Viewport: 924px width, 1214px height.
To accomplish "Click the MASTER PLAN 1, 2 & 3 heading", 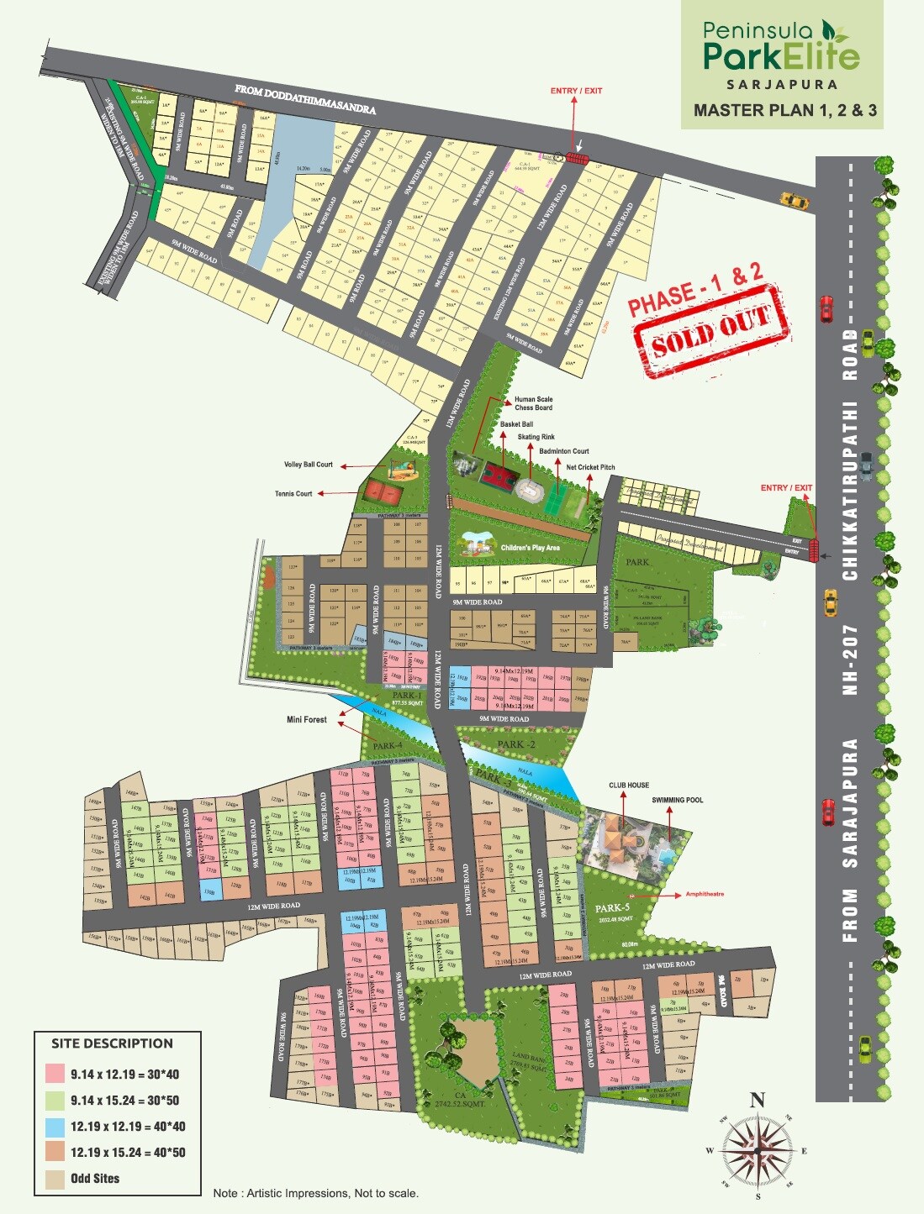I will click(x=784, y=110).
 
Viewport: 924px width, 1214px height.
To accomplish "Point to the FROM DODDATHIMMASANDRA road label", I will click(x=304, y=98).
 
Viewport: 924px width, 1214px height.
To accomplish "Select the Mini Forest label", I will click(x=306, y=720).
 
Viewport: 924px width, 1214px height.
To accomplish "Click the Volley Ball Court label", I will click(x=308, y=465).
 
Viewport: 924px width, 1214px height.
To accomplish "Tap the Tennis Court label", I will click(x=293, y=494).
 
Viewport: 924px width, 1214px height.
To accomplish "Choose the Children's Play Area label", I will click(x=530, y=548).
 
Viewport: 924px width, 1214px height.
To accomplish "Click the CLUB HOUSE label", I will click(x=629, y=786).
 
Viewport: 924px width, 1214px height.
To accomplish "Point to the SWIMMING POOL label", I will click(x=677, y=800).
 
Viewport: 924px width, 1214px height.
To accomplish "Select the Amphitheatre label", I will click(x=705, y=894).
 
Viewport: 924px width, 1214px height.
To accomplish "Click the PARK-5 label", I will click(x=612, y=908).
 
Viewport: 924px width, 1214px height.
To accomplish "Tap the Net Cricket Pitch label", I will click(x=590, y=467).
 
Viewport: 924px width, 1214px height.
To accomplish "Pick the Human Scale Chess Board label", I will click(x=533, y=403).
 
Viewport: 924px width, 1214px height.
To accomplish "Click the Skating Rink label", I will click(x=536, y=437).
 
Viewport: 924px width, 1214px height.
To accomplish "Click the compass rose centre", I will click(x=757, y=1148).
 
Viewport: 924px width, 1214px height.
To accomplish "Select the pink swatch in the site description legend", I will click(x=55, y=1074).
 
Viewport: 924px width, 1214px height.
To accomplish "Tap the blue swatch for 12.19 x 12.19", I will click(x=55, y=1127).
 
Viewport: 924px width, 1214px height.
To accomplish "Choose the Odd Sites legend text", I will click(x=95, y=1179).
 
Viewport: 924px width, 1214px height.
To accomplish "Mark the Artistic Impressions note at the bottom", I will click(x=315, y=1193).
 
